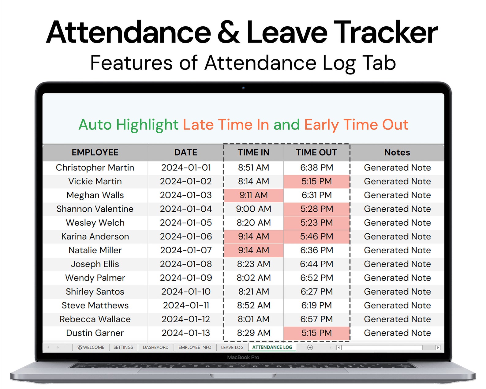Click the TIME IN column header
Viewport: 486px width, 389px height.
coord(253,152)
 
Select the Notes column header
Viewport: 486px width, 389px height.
coord(397,152)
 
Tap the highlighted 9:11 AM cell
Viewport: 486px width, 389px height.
coord(253,195)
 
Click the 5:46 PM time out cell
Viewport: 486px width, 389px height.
coord(316,236)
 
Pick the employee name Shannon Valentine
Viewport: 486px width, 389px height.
coord(95,209)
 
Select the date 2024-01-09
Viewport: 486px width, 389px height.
coord(186,278)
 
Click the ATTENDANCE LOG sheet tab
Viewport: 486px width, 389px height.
coord(272,347)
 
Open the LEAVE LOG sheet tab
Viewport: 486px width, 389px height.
coord(232,347)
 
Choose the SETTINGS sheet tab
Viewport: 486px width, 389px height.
coord(123,347)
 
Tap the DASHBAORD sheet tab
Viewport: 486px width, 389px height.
coord(155,347)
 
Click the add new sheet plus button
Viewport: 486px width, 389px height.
coord(310,347)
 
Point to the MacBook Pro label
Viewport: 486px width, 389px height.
coord(243,357)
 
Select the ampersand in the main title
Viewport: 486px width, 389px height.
coord(228,32)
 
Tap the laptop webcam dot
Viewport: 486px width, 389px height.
coord(243,88)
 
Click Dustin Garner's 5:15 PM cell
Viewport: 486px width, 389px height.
coord(316,333)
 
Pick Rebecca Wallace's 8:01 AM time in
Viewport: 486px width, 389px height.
coord(253,319)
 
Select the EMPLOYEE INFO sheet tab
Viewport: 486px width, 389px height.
coord(195,347)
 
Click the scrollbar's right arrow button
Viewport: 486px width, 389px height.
coord(438,348)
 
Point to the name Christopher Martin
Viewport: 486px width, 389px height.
coord(95,168)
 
